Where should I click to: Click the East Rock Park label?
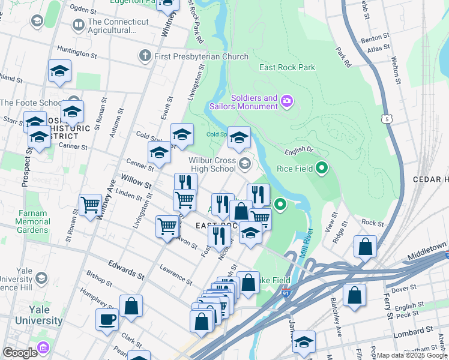[287, 68]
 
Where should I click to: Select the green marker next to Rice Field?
[322, 169]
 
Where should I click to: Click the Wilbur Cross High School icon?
[244, 163]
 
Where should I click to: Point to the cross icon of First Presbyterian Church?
[144, 56]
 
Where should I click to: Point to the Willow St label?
[136, 179]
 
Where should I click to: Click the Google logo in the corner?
[20, 352]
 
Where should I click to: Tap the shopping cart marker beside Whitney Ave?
[90, 205]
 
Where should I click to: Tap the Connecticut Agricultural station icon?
[78, 25]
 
